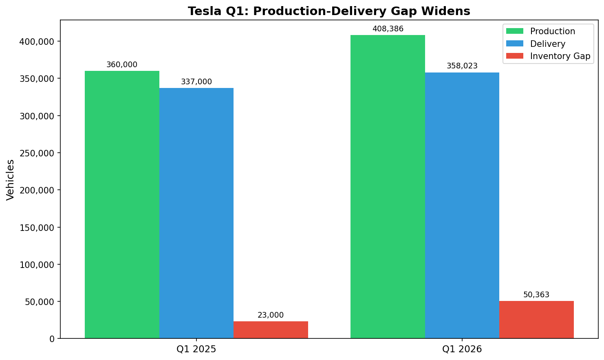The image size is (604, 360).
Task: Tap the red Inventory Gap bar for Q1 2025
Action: click(271, 330)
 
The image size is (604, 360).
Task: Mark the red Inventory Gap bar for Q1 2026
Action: click(536, 320)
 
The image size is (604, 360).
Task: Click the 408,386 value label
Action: click(388, 29)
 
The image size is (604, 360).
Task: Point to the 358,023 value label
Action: click(462, 66)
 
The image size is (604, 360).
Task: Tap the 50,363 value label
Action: click(536, 295)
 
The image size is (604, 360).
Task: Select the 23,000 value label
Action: click(271, 315)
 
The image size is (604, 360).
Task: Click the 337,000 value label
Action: click(196, 82)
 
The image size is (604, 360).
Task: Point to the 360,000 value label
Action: click(122, 65)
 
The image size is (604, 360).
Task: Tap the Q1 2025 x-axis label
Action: click(196, 349)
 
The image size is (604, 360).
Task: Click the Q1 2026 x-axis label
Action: click(462, 349)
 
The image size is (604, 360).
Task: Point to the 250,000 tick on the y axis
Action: click(37, 153)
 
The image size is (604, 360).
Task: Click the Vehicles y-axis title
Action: click(11, 180)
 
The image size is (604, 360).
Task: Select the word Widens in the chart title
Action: click(450, 11)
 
